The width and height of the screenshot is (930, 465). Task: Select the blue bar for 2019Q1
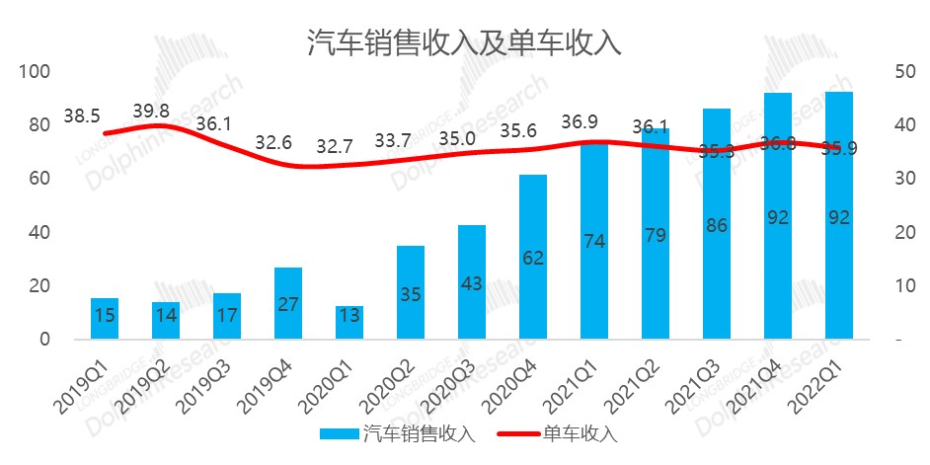105,318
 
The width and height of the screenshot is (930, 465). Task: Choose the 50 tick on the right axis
900,72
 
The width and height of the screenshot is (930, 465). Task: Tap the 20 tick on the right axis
900,233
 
